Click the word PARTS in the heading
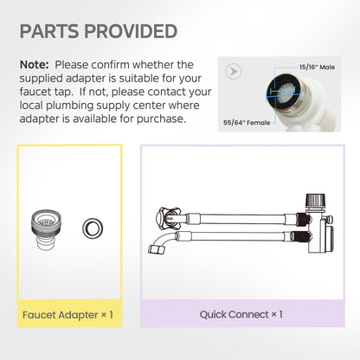click(x=49, y=31)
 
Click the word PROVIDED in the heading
click(x=131, y=31)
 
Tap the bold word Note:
click(x=35, y=65)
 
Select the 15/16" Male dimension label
click(x=317, y=67)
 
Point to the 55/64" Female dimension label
click(x=247, y=123)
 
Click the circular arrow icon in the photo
click(x=234, y=71)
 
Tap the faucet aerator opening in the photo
click(x=284, y=93)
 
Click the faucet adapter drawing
click(x=46, y=230)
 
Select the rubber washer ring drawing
click(x=93, y=228)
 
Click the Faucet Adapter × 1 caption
click(x=67, y=315)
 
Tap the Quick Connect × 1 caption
click(x=241, y=314)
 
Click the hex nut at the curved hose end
click(x=155, y=249)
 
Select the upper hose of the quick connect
click(x=242, y=219)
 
